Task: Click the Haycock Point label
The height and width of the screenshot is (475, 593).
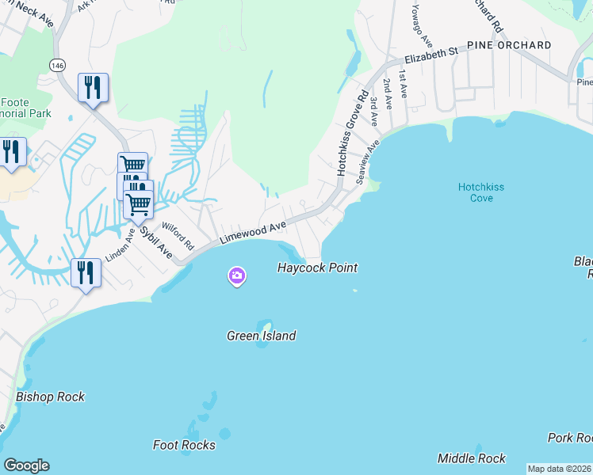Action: pyautogui.click(x=317, y=268)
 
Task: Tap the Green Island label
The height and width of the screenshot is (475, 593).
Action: pyautogui.click(x=262, y=336)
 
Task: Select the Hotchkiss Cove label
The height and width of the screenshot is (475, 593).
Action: pyautogui.click(x=481, y=192)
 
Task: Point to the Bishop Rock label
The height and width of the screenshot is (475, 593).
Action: pyautogui.click(x=50, y=397)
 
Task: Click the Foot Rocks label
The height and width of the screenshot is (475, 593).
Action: pyautogui.click(x=184, y=445)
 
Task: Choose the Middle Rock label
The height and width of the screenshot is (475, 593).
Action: pyautogui.click(x=472, y=458)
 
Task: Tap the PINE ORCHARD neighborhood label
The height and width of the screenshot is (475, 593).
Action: pyautogui.click(x=509, y=45)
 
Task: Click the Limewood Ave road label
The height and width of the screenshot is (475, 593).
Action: pyautogui.click(x=253, y=232)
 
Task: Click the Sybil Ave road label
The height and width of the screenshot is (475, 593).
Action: pyautogui.click(x=157, y=243)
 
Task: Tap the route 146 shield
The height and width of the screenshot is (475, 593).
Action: pyautogui.click(x=56, y=63)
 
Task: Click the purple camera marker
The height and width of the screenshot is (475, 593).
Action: pyautogui.click(x=236, y=276)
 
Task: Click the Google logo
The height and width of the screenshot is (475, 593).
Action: pyautogui.click(x=26, y=465)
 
